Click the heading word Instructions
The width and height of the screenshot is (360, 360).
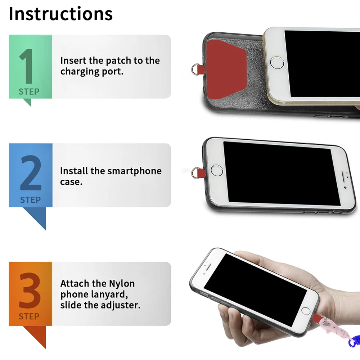[60, 14]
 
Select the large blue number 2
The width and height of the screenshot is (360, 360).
[31, 174]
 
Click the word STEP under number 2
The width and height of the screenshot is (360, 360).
[30, 200]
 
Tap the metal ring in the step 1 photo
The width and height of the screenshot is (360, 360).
[195, 69]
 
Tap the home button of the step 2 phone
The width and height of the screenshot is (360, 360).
[217, 170]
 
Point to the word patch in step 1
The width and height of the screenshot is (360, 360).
[120, 60]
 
